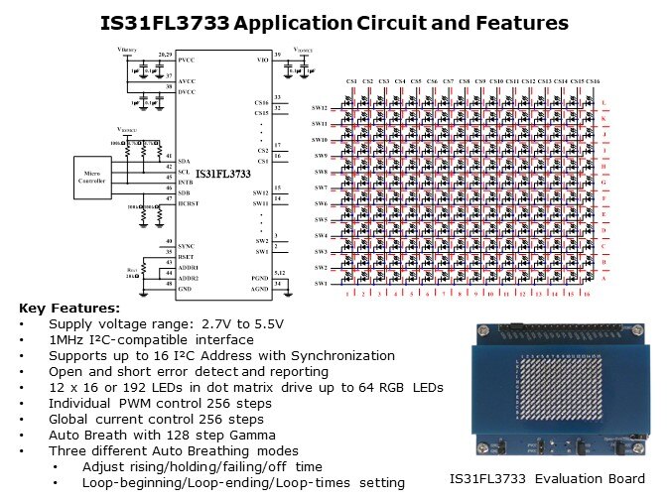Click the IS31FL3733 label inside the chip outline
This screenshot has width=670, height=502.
tap(223, 173)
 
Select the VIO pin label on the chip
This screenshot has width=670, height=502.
tap(262, 61)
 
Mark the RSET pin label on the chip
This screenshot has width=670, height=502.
tap(187, 255)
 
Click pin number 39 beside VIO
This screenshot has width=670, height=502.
tap(277, 53)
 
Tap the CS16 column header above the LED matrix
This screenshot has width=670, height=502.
tap(592, 81)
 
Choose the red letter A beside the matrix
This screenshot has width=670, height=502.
tap(604, 280)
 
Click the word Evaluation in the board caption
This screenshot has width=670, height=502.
tap(556, 479)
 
